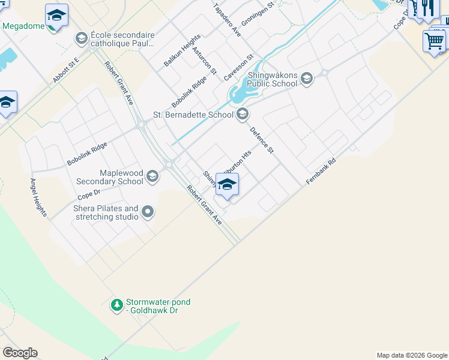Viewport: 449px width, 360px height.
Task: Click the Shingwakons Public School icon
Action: coord(306,79)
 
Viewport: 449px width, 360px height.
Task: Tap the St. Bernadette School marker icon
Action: coord(243,114)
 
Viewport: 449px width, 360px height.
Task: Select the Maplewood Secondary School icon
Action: coord(152,176)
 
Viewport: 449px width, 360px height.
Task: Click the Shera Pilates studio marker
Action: coord(148,212)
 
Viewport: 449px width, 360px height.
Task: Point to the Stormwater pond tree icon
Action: coord(116,305)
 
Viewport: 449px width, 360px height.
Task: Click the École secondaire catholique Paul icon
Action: coord(81,39)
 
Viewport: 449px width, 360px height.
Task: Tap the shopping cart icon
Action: coord(434,41)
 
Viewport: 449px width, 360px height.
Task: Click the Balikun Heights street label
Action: coord(182,51)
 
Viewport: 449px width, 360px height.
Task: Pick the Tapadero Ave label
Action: coord(227,20)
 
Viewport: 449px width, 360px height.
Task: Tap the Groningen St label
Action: coord(261,12)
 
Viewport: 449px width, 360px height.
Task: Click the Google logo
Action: coord(20,353)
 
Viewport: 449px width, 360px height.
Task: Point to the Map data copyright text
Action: coord(411,355)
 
